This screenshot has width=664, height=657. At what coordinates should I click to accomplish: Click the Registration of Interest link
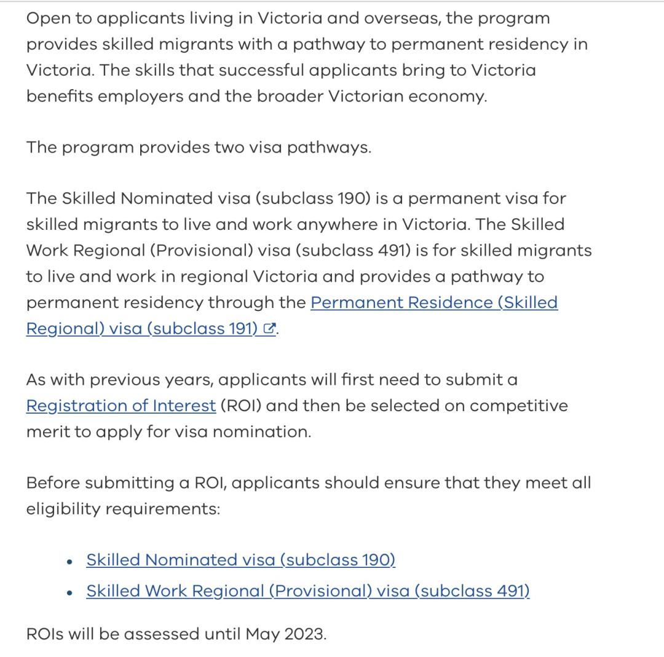pos(121,406)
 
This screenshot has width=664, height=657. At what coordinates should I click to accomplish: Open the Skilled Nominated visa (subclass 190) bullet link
pos(240,560)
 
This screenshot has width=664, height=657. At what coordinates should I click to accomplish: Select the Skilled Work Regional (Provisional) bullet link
pos(307,591)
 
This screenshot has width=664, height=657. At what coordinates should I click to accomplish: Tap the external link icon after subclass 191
pos(268,329)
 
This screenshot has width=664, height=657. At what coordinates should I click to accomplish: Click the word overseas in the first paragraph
pos(401,18)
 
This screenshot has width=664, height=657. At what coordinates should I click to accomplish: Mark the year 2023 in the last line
pos(305,634)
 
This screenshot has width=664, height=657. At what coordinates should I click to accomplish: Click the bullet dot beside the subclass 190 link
pos(71,561)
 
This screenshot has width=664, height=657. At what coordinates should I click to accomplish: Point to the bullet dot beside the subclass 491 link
pos(71,592)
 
